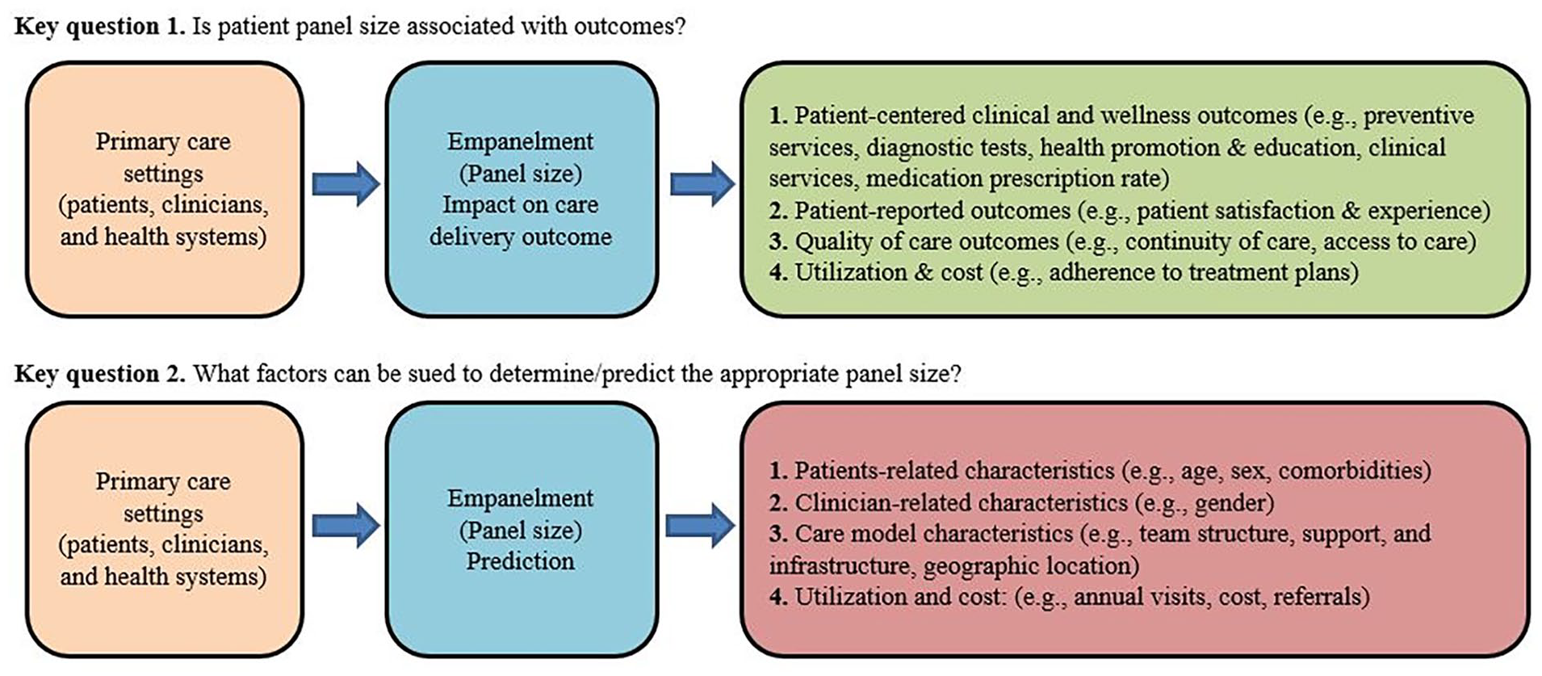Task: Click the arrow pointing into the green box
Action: click(702, 184)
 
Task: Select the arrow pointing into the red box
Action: click(700, 526)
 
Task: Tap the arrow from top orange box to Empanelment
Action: click(346, 184)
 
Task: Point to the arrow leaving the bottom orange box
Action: click(346, 526)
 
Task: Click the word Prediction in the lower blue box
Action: click(520, 561)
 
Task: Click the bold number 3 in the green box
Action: click(776, 241)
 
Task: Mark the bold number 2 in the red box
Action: click(776, 503)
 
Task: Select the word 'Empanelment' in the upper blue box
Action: click(520, 141)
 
